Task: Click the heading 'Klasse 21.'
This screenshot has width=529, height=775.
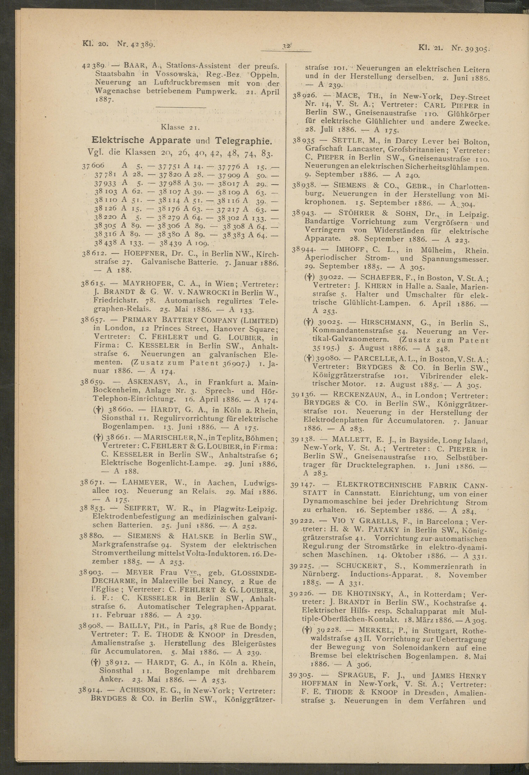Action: click(x=180, y=127)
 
